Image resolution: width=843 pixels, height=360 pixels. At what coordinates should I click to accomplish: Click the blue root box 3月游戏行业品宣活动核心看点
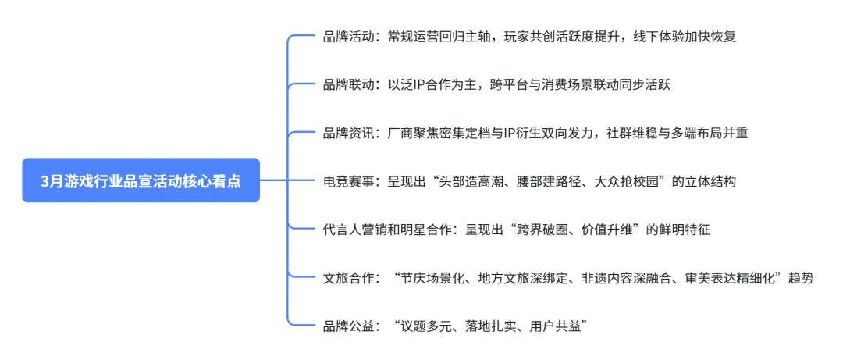click(x=140, y=180)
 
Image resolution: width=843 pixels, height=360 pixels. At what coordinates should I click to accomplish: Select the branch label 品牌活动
click(x=349, y=37)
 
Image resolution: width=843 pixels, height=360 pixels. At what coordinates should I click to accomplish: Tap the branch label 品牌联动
click(x=349, y=85)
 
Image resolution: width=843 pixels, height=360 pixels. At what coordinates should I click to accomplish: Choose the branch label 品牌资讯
click(x=349, y=134)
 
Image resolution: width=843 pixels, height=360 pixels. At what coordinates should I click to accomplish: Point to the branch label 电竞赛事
click(x=349, y=182)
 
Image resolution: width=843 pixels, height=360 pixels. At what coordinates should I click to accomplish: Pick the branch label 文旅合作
click(x=349, y=278)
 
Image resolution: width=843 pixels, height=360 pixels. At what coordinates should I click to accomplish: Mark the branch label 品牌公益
click(x=349, y=326)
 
